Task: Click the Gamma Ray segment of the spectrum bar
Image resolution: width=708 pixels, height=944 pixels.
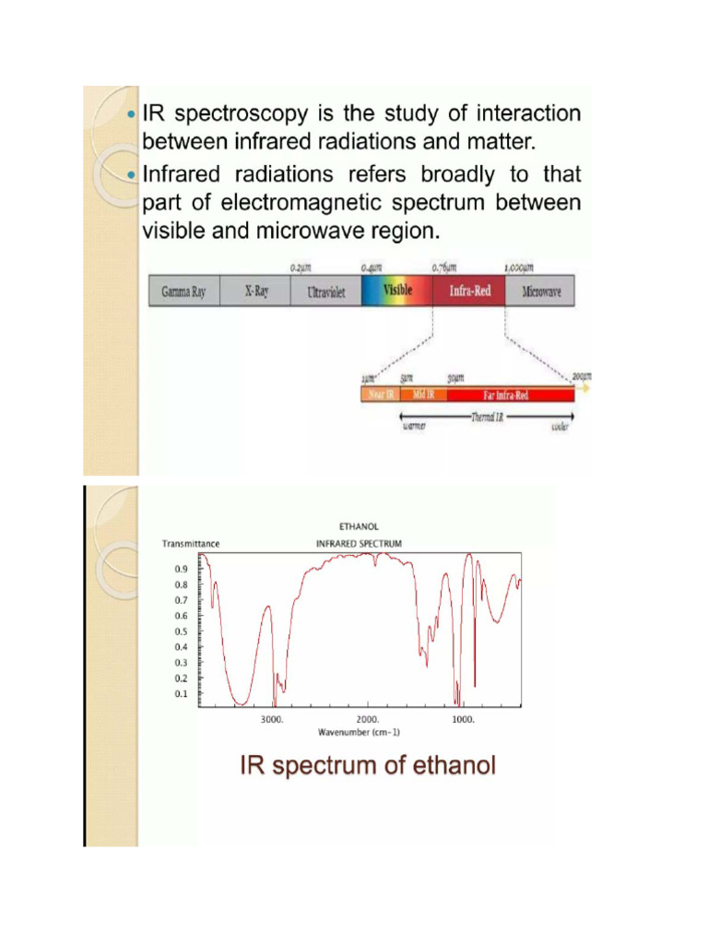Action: [183, 291]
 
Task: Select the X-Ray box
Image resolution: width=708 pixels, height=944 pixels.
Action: [255, 291]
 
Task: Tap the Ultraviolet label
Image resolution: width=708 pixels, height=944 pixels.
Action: [325, 291]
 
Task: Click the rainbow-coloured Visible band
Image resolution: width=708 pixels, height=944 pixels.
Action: [396, 290]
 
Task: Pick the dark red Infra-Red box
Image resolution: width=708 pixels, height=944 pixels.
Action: [469, 291]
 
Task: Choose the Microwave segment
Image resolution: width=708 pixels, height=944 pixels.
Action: [540, 291]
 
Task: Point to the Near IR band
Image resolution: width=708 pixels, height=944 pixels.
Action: [379, 395]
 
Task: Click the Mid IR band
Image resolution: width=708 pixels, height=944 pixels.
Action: [423, 395]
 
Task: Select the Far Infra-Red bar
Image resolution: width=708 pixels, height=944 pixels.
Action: [510, 395]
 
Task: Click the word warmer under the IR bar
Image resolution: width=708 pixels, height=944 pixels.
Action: [414, 427]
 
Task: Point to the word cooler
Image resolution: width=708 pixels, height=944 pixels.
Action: [560, 427]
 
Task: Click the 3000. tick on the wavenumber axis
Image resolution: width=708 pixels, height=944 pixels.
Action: [272, 719]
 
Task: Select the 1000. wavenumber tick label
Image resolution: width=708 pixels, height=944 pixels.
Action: [463, 719]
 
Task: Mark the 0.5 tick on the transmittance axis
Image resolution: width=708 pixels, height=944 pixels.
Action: [181, 631]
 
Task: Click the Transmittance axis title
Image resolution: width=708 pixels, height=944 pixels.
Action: [191, 544]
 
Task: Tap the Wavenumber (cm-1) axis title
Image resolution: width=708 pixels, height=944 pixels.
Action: [359, 732]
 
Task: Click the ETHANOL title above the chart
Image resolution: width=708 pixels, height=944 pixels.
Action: [359, 526]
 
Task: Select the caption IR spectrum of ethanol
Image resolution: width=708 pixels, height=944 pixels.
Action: [368, 765]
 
